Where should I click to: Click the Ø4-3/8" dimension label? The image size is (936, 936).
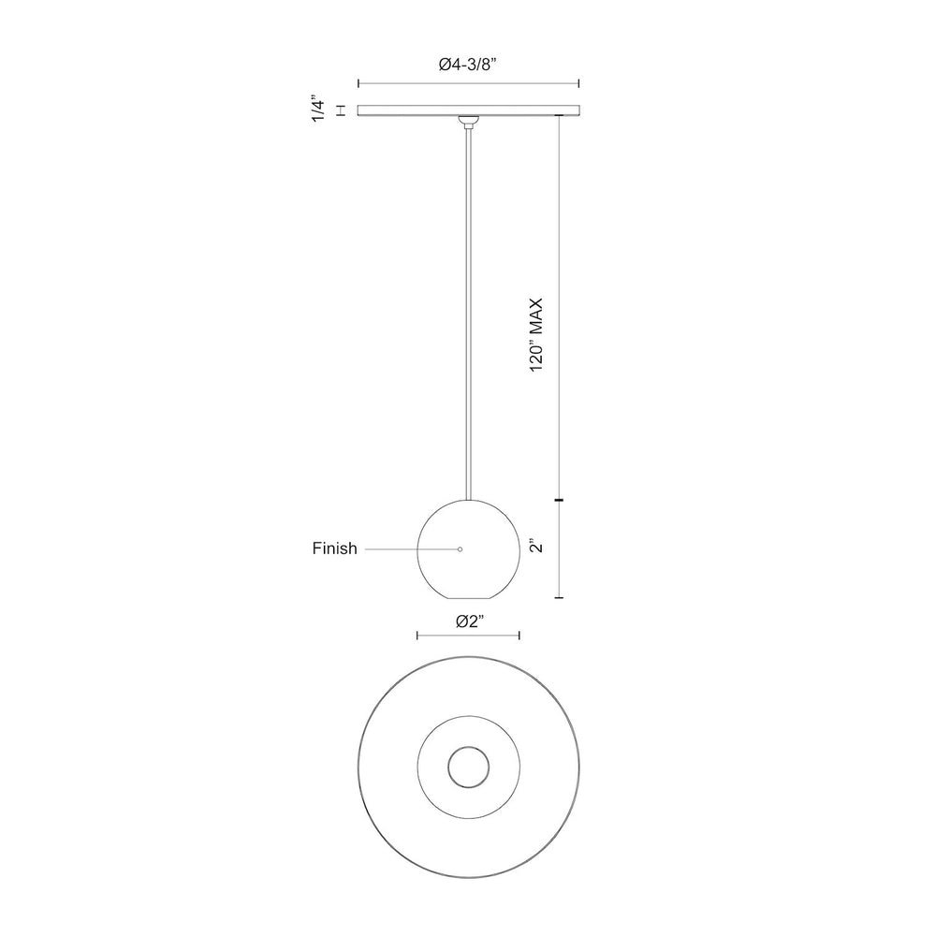[468, 65]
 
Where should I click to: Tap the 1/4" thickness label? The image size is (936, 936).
[319, 110]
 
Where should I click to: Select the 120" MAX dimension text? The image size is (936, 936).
[536, 335]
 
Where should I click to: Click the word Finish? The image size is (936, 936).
[334, 548]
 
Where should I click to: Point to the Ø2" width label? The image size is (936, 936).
[469, 622]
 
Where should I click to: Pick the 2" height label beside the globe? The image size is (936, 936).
[536, 547]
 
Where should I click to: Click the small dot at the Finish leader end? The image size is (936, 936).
[460, 549]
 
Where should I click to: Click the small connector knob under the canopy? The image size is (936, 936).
[469, 122]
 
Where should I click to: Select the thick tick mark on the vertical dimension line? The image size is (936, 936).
[559, 500]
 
